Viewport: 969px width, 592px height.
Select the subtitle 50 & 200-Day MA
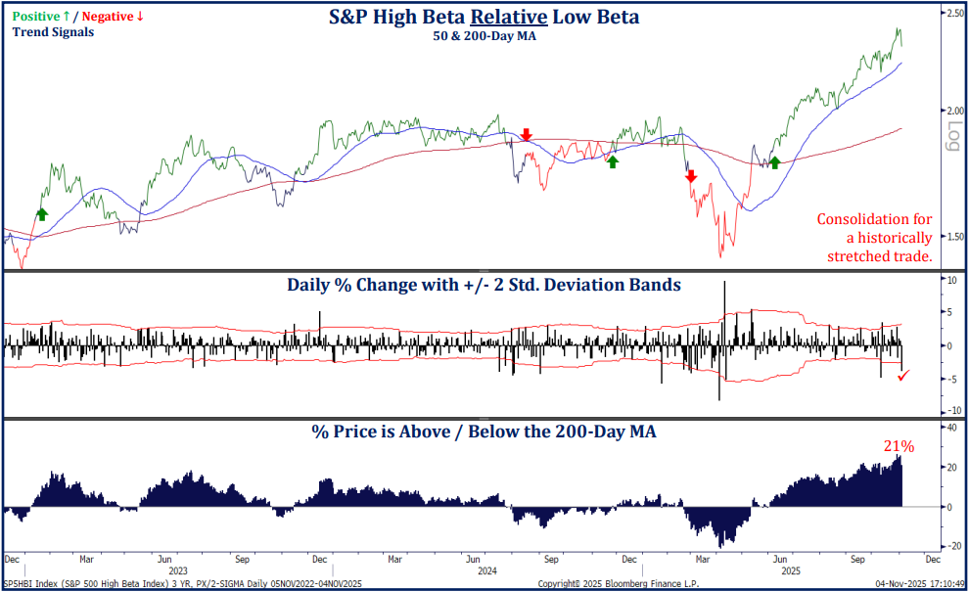coord(484,35)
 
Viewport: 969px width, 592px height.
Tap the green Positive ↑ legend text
coord(45,16)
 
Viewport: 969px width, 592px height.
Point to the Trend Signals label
coord(53,32)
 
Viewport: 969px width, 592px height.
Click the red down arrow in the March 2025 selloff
coord(690,176)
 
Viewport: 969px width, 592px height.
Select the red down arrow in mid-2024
coord(527,134)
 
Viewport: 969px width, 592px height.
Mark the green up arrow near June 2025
coord(774,161)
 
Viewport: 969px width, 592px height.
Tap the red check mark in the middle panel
coord(904,375)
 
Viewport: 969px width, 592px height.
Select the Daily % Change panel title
coord(484,286)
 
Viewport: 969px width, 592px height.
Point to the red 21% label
coord(899,446)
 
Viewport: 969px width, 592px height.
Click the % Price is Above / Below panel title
coord(484,432)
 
